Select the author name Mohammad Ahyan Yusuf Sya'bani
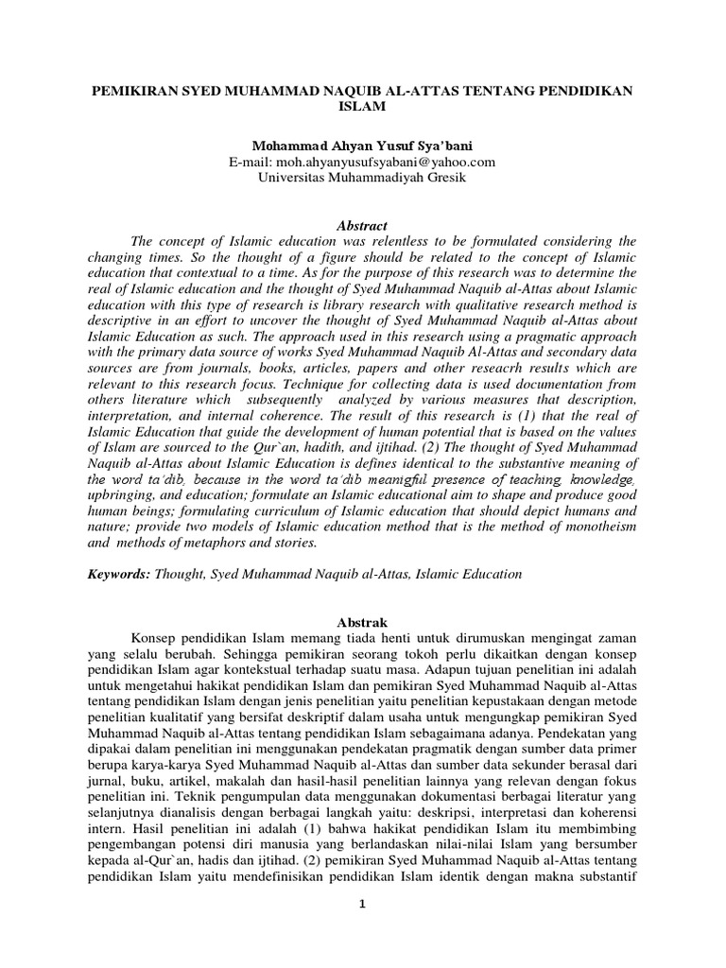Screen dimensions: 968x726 [363, 147]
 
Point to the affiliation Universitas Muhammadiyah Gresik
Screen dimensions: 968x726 [363, 179]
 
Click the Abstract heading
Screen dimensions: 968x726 [363, 225]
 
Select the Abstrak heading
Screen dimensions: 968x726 [363, 621]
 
